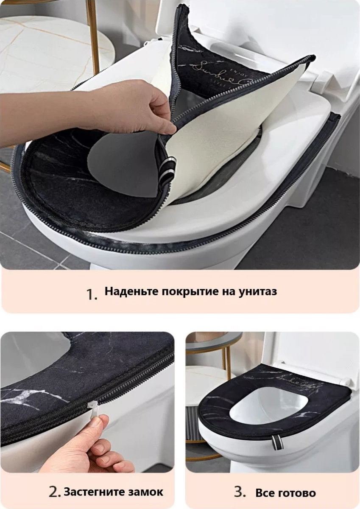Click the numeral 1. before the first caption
coord(92,294)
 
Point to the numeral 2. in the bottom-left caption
coord(55,492)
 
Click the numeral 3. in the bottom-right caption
coord(240,492)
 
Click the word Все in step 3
coord(265,493)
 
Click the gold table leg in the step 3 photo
coord(228,365)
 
